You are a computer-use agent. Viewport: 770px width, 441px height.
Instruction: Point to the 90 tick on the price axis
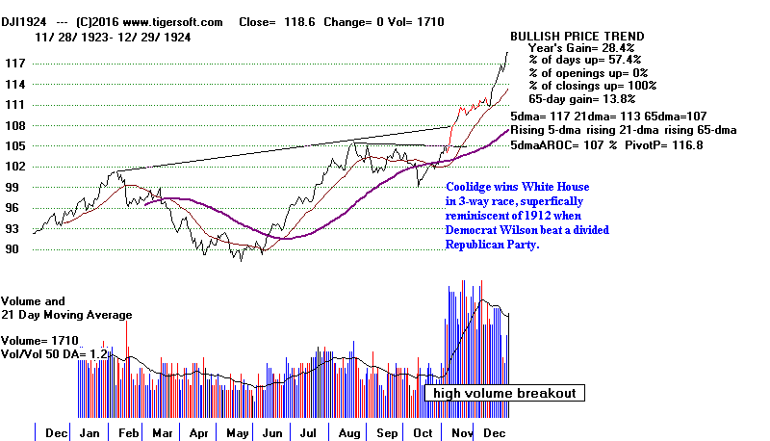tap(14, 249)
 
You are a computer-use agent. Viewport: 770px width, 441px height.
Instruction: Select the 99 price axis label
tap(14, 188)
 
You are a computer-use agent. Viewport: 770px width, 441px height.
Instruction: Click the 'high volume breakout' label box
tap(503, 393)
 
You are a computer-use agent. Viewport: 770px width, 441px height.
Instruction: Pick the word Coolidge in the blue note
tap(473, 187)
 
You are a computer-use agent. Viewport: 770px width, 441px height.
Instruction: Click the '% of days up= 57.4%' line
tap(585, 61)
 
